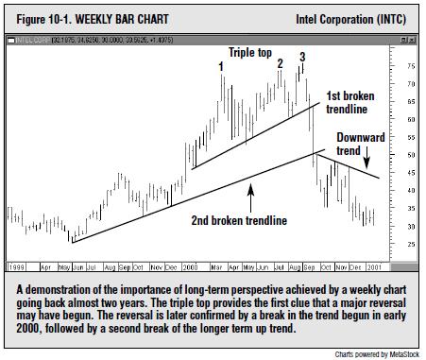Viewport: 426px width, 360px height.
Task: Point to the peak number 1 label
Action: pyautogui.click(x=221, y=66)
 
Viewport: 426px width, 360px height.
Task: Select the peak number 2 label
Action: pyautogui.click(x=280, y=63)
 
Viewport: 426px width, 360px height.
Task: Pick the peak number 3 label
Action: pyautogui.click(x=301, y=58)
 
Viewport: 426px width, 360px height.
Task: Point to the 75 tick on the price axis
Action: pyautogui.click(x=411, y=67)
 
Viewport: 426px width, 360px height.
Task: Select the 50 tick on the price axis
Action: pyautogui.click(x=411, y=155)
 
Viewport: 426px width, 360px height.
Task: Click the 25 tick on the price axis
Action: pyautogui.click(x=411, y=244)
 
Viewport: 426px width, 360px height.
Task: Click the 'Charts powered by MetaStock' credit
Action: pyautogui.click(x=375, y=353)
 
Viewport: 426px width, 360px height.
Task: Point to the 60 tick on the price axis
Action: pyautogui.click(x=411, y=120)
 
